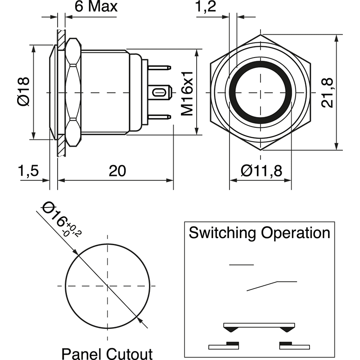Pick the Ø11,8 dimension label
pyautogui.click(x=261, y=171)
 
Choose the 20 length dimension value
pyautogui.click(x=117, y=171)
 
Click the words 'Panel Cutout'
pyautogui.click(x=107, y=353)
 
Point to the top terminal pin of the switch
pyautogui.click(x=160, y=68)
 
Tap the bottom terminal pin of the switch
pyautogui.click(x=160, y=117)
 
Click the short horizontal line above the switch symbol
pyautogui.click(x=242, y=265)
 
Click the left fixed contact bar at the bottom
pyautogui.click(x=224, y=346)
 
